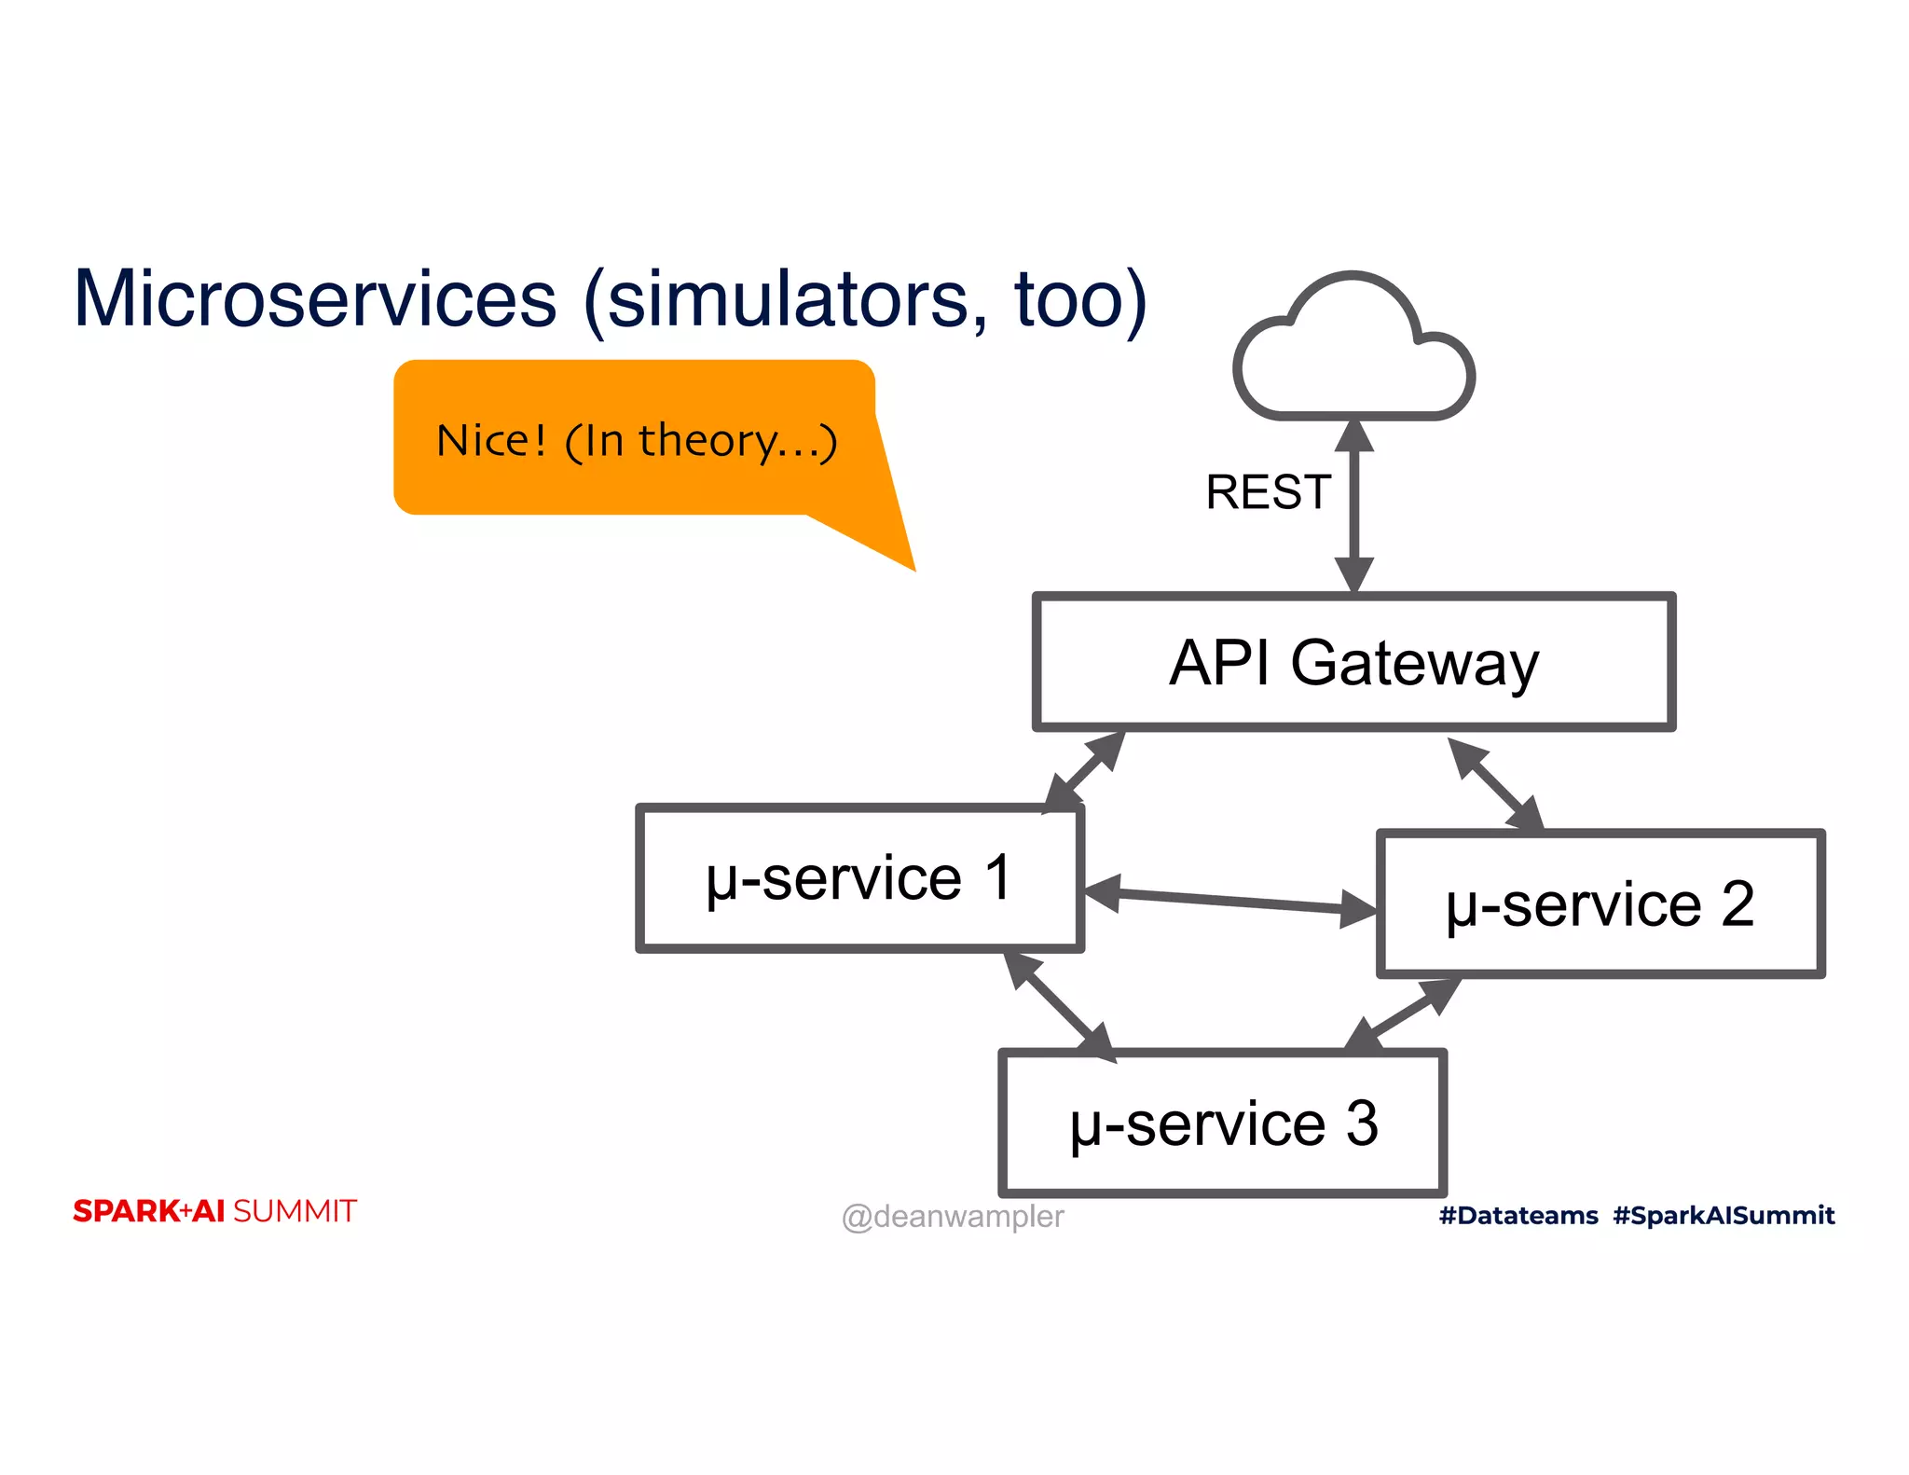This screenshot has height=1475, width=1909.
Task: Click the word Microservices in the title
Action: pos(315,299)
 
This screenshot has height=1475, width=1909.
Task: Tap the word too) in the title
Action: pos(1080,299)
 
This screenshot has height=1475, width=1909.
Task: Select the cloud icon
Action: pos(1353,351)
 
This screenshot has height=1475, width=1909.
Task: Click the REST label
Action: pos(1268,492)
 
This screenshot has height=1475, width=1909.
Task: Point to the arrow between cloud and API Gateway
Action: pos(1353,506)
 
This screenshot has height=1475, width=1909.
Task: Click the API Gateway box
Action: pos(1353,662)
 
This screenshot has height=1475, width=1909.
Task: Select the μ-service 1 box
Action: pos(858,878)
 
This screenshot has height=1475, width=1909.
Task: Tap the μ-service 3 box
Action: pos(1222,1123)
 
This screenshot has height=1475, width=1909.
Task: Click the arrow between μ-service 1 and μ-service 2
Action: pos(1230,900)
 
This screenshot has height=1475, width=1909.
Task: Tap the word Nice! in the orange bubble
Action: pos(491,440)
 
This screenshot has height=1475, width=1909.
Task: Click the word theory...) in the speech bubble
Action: pos(737,440)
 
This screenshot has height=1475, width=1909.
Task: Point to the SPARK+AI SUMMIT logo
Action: pos(214,1211)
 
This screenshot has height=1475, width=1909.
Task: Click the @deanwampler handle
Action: pos(952,1217)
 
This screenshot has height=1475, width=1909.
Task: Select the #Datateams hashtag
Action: pos(1518,1216)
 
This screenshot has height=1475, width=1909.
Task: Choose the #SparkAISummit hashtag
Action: pos(1724,1216)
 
